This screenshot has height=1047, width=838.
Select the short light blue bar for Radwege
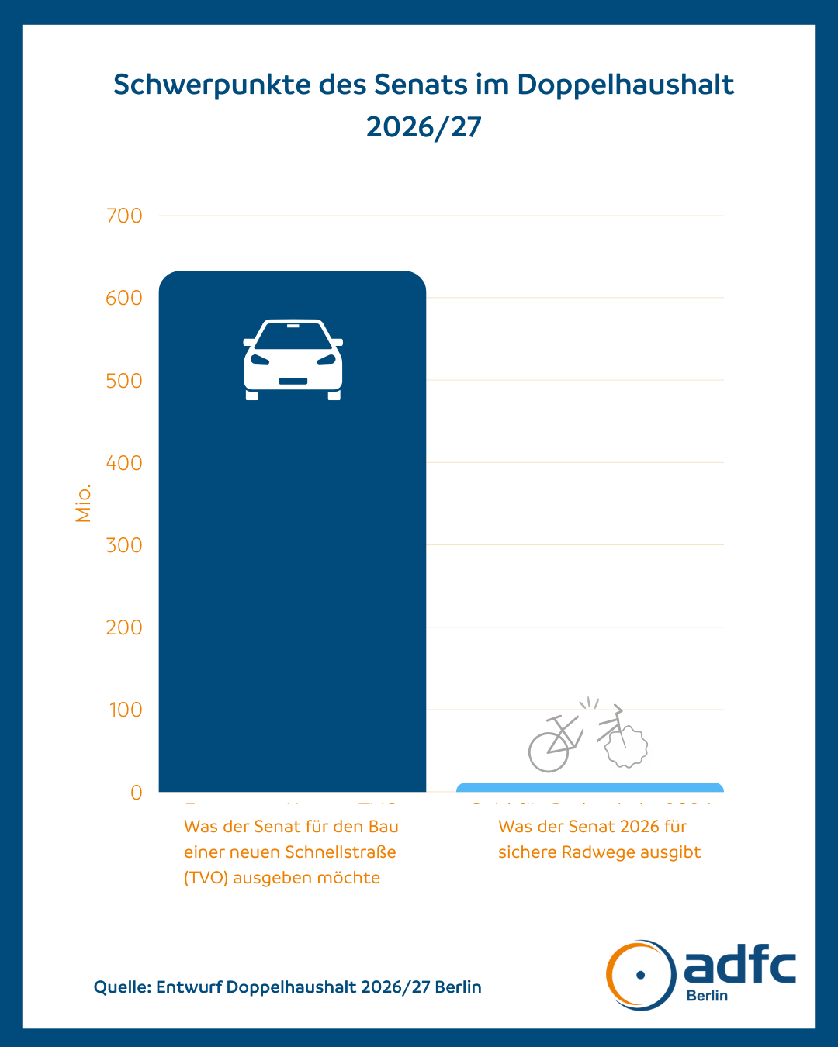coord(590,788)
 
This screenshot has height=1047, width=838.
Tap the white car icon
coord(293,359)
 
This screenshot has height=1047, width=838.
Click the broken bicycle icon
coord(587,737)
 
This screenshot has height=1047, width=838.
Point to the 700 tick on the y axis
coord(124,216)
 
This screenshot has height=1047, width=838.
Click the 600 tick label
coord(124,298)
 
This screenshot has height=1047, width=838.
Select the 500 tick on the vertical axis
coord(124,381)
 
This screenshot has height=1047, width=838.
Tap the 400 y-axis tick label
coord(124,463)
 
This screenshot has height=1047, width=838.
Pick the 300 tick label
coord(124,545)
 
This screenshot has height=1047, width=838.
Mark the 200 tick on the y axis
coord(124,627)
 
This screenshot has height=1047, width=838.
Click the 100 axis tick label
coord(126,710)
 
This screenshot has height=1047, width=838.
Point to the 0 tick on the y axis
coord(137,792)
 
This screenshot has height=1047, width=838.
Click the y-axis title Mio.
coord(83,503)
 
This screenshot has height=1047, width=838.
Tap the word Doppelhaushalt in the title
coord(625,85)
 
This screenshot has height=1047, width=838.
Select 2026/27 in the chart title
coord(424,126)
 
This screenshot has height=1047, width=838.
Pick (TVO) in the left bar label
coord(206,878)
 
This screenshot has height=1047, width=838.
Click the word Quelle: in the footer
coord(122,987)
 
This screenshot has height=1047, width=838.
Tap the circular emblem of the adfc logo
coord(640,975)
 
